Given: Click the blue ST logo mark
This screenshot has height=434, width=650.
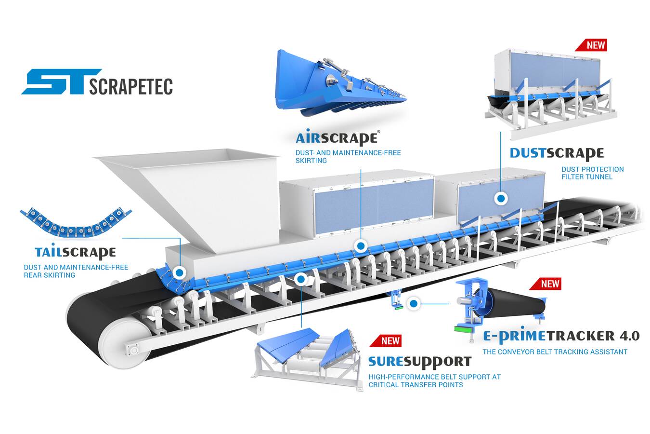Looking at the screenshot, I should point(57,81).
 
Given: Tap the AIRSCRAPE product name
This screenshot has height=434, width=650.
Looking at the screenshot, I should point(336,138).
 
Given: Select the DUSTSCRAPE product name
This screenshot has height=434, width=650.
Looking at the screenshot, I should point(556,153).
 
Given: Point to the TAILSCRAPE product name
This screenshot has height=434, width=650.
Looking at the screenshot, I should point(75,252).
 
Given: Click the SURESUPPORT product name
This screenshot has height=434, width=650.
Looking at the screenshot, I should point(419,361).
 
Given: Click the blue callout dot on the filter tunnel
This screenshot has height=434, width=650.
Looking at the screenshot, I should point(501,198).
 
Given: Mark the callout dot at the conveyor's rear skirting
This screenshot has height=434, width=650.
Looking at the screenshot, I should point(179,273).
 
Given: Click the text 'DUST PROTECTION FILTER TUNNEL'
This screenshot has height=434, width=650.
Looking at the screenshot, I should point(592,173).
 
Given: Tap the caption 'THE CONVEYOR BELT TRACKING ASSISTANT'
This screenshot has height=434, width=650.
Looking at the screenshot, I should point(555,352).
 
